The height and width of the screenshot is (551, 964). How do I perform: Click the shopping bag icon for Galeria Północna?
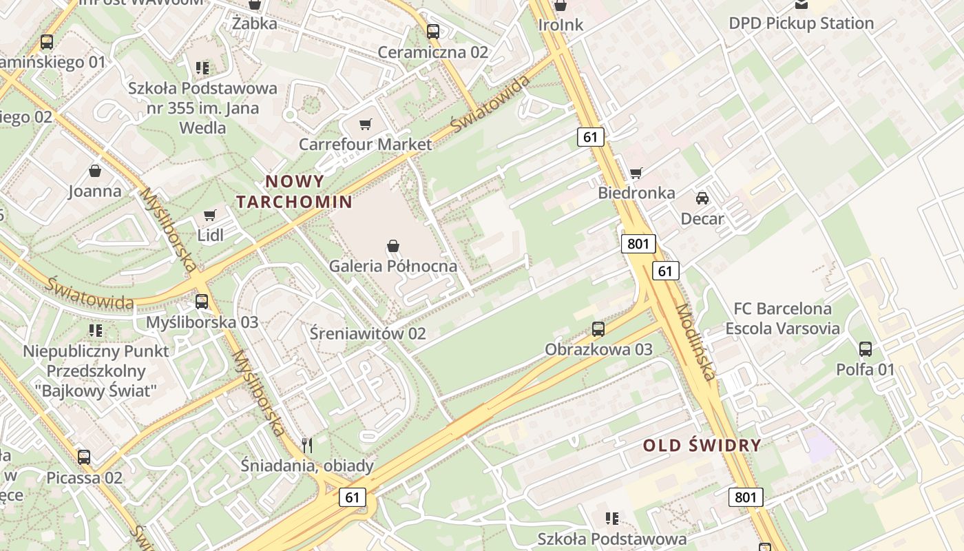pyautogui.click(x=393, y=246)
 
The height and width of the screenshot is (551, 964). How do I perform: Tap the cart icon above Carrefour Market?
pyautogui.click(x=365, y=125)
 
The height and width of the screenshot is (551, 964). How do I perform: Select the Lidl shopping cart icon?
pyautogui.click(x=210, y=216)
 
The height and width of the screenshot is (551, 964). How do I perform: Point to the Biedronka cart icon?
pyautogui.click(x=636, y=173)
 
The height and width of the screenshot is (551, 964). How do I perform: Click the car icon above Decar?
pyautogui.click(x=702, y=198)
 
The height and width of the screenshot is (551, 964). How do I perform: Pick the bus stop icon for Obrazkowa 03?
pyautogui.click(x=598, y=329)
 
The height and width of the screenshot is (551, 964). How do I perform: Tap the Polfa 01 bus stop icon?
pyautogui.click(x=866, y=349)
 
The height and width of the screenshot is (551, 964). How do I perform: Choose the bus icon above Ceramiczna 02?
pyautogui.click(x=432, y=32)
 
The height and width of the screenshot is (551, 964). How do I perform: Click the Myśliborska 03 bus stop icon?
pyautogui.click(x=202, y=302)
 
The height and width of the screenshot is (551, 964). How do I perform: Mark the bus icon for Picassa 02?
pyautogui.click(x=84, y=457)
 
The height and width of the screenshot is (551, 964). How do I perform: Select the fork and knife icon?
pyautogui.click(x=307, y=446)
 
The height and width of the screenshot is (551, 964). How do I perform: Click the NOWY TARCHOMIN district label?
pyautogui.click(x=294, y=191)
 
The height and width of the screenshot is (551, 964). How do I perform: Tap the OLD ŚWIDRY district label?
pyautogui.click(x=702, y=445)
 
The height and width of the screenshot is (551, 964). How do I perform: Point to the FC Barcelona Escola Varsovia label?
pyautogui.click(x=782, y=318)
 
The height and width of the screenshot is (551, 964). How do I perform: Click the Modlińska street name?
pyautogui.click(x=695, y=342)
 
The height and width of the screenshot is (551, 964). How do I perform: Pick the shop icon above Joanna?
pyautogui.click(x=95, y=171)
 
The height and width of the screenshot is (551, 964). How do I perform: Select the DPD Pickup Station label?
pyautogui.click(x=801, y=23)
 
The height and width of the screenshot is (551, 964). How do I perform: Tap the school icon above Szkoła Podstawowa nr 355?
pyautogui.click(x=202, y=67)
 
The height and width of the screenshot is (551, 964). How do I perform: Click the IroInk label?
pyautogui.click(x=560, y=25)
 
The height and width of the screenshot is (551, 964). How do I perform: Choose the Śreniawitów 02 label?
pyautogui.click(x=377, y=333)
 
